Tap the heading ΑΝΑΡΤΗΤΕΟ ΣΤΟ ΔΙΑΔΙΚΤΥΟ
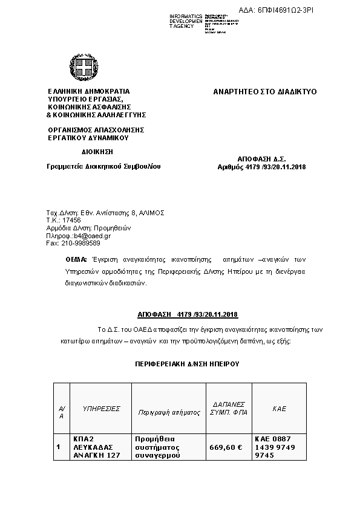(265, 92)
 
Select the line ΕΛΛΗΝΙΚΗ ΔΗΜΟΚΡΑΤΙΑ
(88, 92)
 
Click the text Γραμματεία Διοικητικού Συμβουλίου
(104, 166)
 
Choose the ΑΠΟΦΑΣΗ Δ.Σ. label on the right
(262, 158)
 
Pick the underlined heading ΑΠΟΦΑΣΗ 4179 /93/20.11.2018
(188, 315)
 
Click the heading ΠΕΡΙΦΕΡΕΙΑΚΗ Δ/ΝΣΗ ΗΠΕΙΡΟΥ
(188, 365)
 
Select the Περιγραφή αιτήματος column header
(169, 412)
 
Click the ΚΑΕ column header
(279, 409)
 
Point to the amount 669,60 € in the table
(226, 447)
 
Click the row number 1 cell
(58, 447)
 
